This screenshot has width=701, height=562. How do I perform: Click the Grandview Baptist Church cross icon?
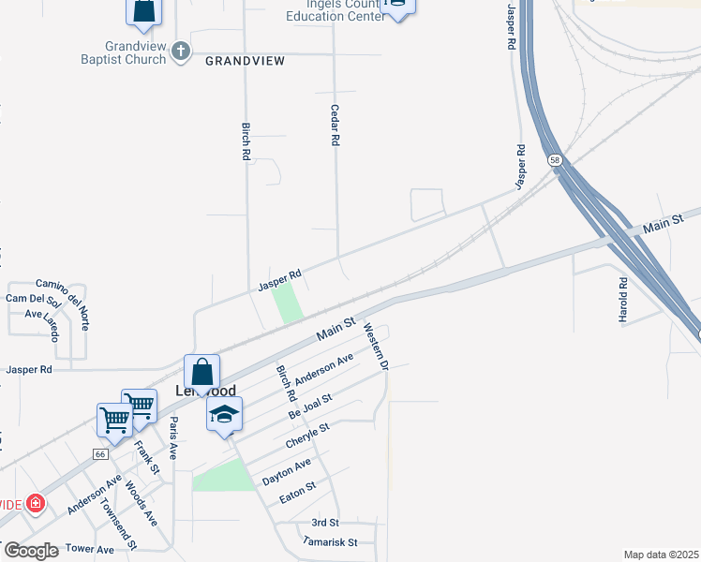click(182, 51)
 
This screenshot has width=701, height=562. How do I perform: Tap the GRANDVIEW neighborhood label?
click(245, 60)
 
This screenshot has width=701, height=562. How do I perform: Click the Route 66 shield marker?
click(100, 454)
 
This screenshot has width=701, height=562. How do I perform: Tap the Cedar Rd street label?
click(334, 124)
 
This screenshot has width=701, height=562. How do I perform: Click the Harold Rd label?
click(622, 300)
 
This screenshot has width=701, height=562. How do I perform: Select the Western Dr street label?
click(376, 346)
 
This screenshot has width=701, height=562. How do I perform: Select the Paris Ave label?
click(173, 437)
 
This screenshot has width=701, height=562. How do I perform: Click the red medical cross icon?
click(36, 504)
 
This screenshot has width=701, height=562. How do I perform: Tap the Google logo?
click(30, 551)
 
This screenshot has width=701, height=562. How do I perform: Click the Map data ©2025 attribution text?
click(660, 555)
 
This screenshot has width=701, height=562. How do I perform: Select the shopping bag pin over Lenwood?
click(201, 373)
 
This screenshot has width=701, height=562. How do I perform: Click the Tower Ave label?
click(91, 549)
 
